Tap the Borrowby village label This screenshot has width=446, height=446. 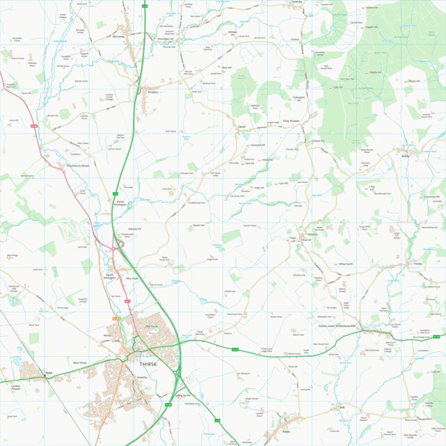click(x=118, y=36)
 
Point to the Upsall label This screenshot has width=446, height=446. click(x=242, y=127)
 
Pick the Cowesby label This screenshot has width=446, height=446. click(x=296, y=2)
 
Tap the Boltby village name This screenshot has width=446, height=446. click(x=406, y=157)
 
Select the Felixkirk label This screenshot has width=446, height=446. click(x=312, y=234)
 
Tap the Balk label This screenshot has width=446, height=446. click(x=342, y=407)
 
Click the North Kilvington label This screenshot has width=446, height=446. click(x=124, y=203)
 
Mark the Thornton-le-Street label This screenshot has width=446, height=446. click(x=77, y=166)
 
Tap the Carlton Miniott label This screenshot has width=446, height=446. click(x=15, y=387)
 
